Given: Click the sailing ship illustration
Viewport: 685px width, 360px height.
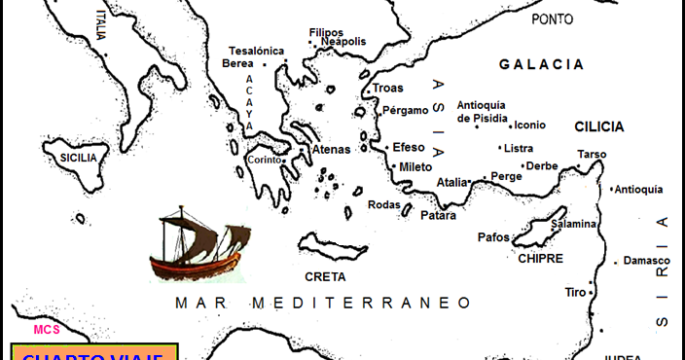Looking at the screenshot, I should coord(198,244).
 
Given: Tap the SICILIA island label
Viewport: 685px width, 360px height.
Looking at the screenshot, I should coord(78,157).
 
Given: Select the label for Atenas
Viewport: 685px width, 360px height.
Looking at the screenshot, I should coord(331,150).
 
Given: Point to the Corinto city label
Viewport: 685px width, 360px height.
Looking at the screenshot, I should coord(264,160).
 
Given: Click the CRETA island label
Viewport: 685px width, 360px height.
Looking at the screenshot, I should coord(325,275).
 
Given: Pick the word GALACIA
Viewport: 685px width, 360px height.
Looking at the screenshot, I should coord(542,64).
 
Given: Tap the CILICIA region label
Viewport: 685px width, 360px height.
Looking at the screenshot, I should coord(599,126).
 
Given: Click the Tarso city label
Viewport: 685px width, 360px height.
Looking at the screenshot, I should coord(592,154).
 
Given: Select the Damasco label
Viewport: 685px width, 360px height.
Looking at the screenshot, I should coord(647,261).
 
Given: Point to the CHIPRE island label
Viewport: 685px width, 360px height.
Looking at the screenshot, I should coord(541,259).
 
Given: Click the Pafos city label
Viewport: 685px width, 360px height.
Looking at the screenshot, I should coord(493,236).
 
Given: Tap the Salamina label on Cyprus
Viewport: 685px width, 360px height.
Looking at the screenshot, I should coord(573,224).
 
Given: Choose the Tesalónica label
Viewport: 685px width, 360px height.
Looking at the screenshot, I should coord(256,51).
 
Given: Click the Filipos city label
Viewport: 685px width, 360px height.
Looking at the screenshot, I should coord(326,32).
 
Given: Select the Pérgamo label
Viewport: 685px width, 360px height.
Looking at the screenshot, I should coord(406,110).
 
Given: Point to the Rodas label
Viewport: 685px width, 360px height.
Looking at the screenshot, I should coord(383,204).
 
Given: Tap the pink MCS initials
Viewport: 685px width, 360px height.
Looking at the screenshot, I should coord(47,329).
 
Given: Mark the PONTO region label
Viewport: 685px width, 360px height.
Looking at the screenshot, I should coord(553,18).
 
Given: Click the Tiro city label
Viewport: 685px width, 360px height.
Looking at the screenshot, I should coord(576,292).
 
